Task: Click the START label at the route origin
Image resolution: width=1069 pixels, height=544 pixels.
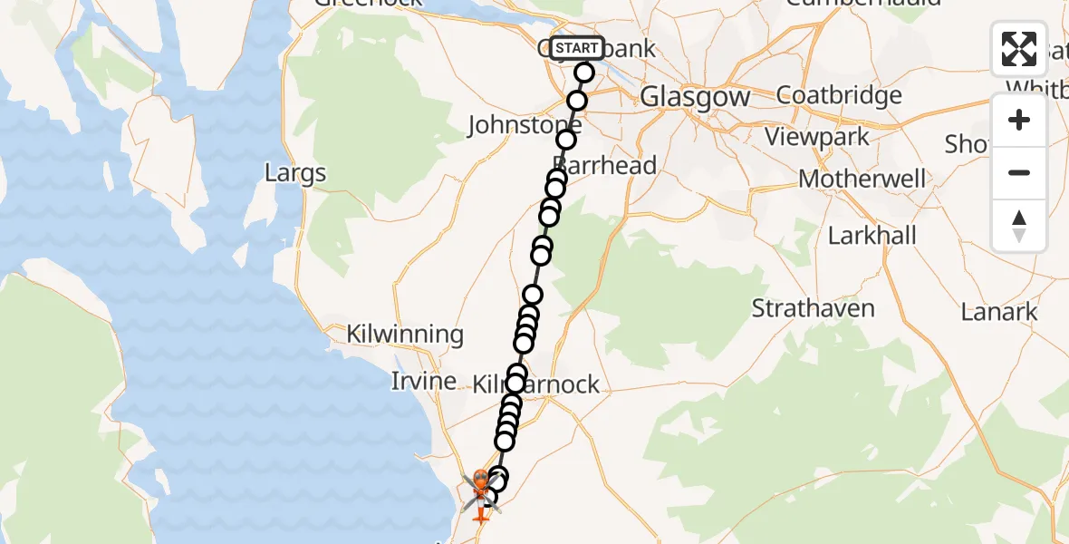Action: [x=576, y=48]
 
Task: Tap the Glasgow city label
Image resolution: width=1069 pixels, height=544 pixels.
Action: [x=695, y=97]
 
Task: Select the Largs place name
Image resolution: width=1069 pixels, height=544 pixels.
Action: [x=295, y=172]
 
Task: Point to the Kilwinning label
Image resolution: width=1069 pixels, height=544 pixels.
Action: [x=405, y=334]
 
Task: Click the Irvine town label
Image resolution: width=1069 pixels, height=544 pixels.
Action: [x=423, y=381]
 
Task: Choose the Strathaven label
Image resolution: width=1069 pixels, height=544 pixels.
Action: [x=813, y=308]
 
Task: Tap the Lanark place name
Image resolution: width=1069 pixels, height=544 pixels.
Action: [x=998, y=313]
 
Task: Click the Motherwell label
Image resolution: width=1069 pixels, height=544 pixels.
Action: [x=862, y=179]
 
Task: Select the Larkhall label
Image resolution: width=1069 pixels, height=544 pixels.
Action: [x=872, y=236]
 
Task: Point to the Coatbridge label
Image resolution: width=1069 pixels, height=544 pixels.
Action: [x=839, y=95]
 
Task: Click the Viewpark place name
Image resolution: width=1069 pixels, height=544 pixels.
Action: [x=817, y=138]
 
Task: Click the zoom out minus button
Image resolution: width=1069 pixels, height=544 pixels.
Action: [x=1019, y=172]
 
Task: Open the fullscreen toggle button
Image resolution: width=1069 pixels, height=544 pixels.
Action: [x=1019, y=49]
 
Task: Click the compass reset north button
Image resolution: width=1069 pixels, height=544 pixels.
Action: [x=1019, y=225]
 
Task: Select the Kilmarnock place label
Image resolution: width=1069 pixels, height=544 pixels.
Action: [x=536, y=384]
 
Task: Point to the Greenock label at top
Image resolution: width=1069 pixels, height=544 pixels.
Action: [x=369, y=3]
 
